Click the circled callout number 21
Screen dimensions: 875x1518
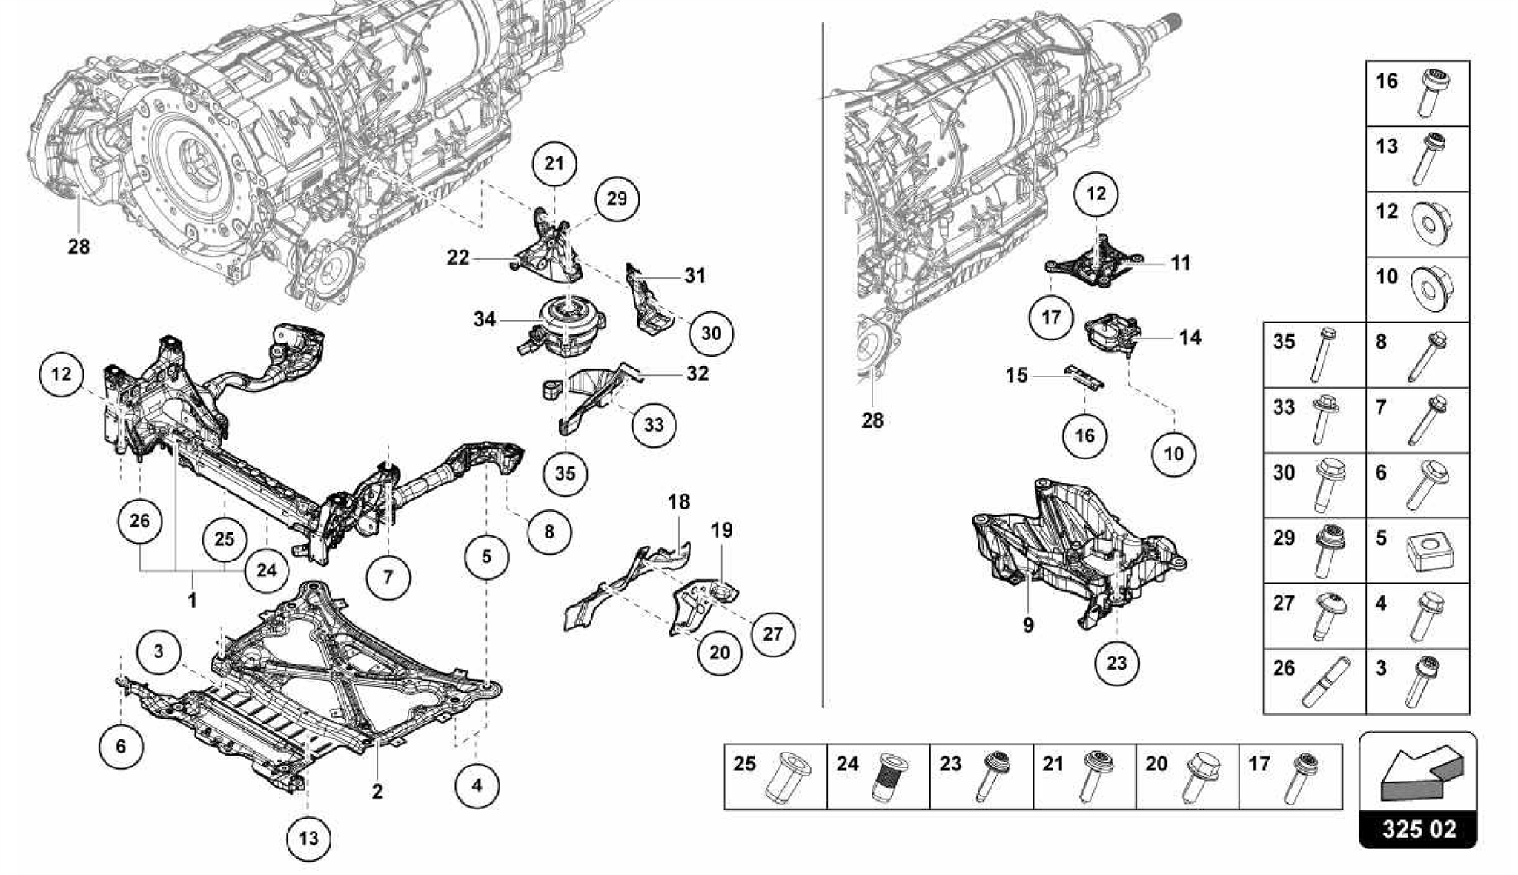pyautogui.click(x=554, y=163)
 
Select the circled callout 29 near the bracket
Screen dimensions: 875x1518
pyautogui.click(x=616, y=199)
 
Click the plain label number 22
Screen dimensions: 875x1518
pyautogui.click(x=458, y=258)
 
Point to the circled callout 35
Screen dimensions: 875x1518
pyautogui.click(x=565, y=473)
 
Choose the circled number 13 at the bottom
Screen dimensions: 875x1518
pyautogui.click(x=308, y=839)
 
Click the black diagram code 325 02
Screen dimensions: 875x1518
pyautogui.click(x=1418, y=828)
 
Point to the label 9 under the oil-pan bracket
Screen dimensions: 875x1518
pyautogui.click(x=1028, y=625)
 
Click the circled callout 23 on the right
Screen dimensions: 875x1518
pyautogui.click(x=1116, y=663)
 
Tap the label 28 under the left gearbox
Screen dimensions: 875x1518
pyautogui.click(x=79, y=247)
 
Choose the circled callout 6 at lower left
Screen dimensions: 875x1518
pyautogui.click(x=121, y=746)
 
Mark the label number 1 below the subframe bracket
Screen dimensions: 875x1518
pyautogui.click(x=192, y=600)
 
